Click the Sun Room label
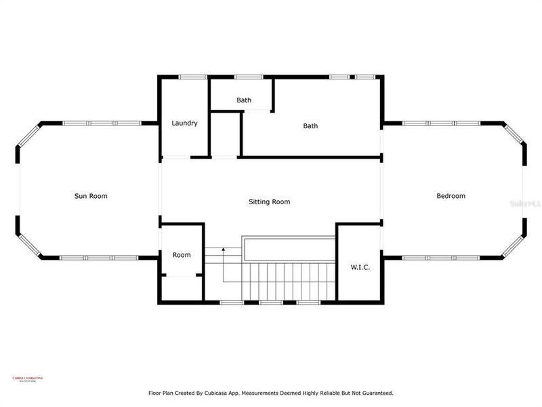91,196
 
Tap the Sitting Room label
269,201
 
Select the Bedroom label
451,196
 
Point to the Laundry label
184,123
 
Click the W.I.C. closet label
359,267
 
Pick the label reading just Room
181,255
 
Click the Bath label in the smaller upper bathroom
244,100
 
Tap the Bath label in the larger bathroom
310,125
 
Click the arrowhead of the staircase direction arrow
223,250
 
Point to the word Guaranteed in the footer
375,393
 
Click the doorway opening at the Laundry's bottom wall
175,157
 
